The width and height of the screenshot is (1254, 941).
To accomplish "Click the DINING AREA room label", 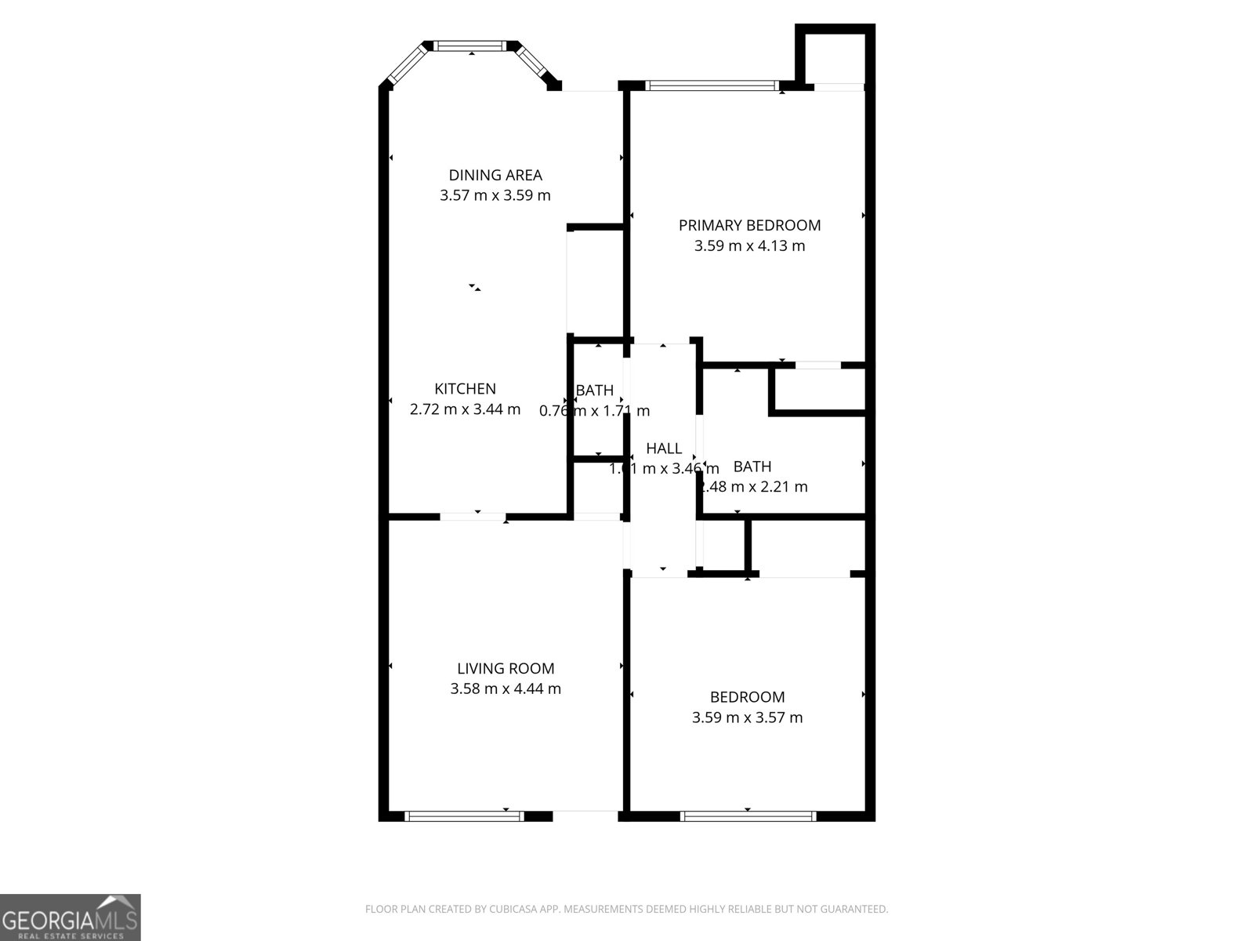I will [x=495, y=175].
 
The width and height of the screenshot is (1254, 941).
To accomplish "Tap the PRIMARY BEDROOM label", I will [x=749, y=225].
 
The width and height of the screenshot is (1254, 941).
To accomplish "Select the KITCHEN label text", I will [x=465, y=388].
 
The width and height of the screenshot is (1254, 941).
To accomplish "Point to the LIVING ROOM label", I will [x=506, y=668].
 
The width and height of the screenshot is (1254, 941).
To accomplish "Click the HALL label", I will [x=663, y=449].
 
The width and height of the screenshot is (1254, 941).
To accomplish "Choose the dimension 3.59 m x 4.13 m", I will [x=749, y=245].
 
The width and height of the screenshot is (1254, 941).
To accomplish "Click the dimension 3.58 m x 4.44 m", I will [x=506, y=688].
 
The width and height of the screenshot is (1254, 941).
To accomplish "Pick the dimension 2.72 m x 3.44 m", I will [x=465, y=409].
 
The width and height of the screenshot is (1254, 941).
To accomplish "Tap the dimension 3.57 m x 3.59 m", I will [x=495, y=195].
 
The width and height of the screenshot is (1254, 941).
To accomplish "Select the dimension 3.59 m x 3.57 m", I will [x=747, y=717].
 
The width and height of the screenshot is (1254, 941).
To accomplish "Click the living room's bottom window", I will [x=464, y=816].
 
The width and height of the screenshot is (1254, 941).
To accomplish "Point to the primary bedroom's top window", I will [x=712, y=85].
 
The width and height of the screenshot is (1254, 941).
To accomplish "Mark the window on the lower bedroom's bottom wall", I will [x=748, y=816].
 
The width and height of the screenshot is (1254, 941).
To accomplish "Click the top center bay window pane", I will [x=472, y=46].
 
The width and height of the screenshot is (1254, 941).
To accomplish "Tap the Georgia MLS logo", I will [x=70, y=917].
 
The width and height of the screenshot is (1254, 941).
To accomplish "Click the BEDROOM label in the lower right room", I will [x=747, y=696].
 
